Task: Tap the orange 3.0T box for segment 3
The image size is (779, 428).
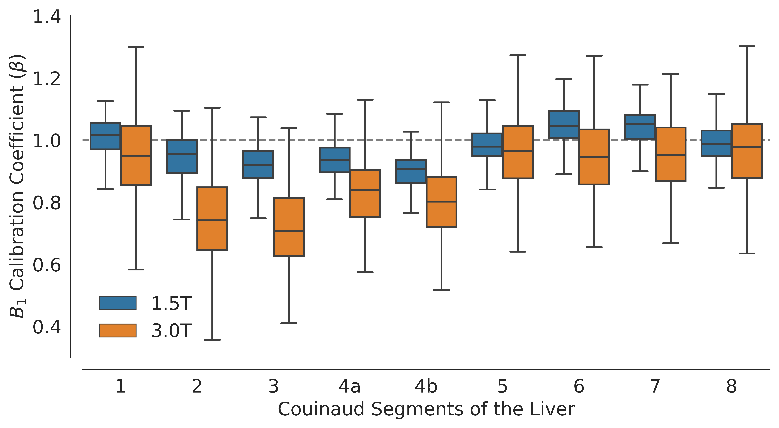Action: pyautogui.click(x=289, y=227)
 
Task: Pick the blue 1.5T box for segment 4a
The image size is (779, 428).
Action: pyautogui.click(x=334, y=160)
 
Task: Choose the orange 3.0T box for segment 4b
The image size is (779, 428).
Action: pyautogui.click(x=441, y=202)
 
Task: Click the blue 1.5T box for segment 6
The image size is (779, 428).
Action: pyautogui.click(x=563, y=124)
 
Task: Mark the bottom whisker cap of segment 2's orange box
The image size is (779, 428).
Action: pyautogui.click(x=212, y=340)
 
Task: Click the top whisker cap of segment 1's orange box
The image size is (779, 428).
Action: pyautogui.click(x=136, y=47)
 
